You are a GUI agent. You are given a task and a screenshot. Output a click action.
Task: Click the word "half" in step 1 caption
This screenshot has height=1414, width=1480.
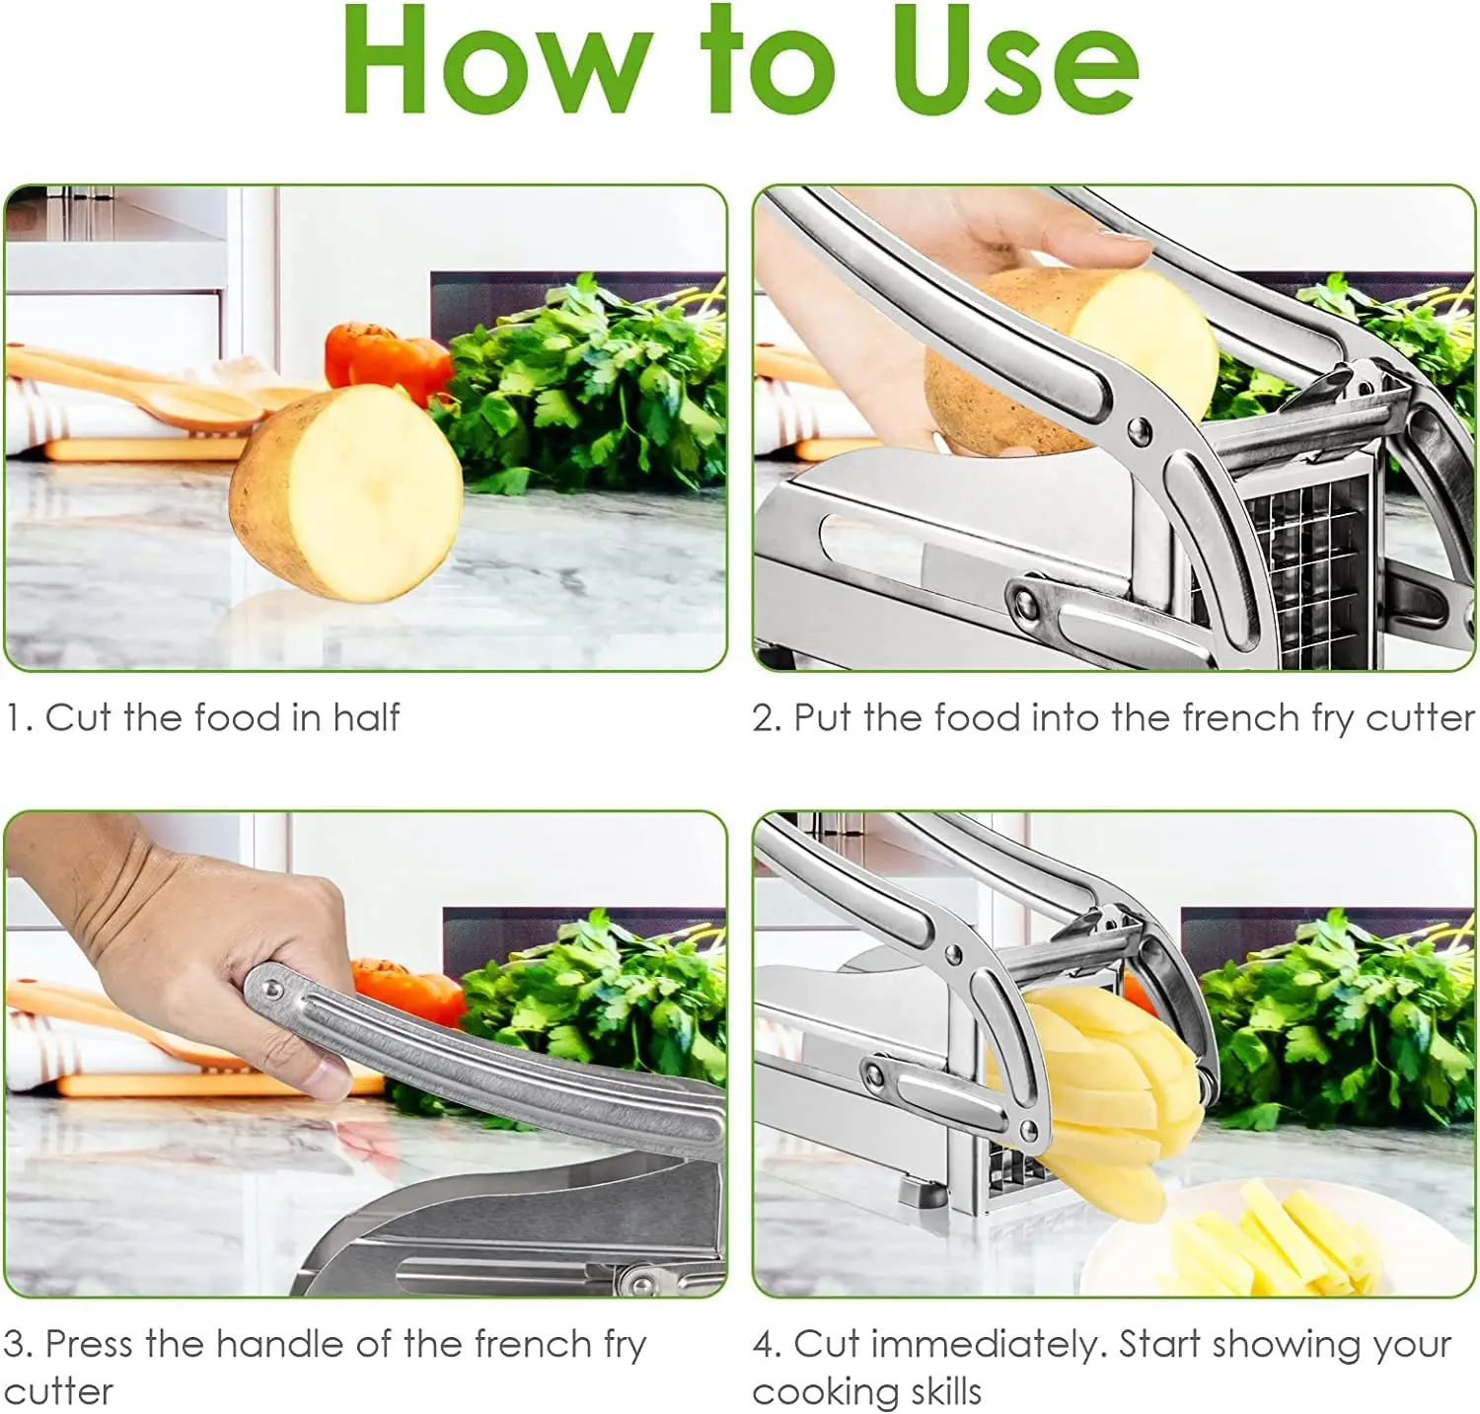[366, 717]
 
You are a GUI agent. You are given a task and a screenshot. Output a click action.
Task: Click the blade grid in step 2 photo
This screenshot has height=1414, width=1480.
[1302, 562]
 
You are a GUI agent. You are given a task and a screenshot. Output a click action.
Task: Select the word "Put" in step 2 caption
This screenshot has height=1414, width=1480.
[824, 717]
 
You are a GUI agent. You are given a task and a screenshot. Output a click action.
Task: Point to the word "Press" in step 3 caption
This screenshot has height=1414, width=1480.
[90, 1344]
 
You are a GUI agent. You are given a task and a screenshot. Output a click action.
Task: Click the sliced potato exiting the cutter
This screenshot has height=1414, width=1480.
[1105, 1095]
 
